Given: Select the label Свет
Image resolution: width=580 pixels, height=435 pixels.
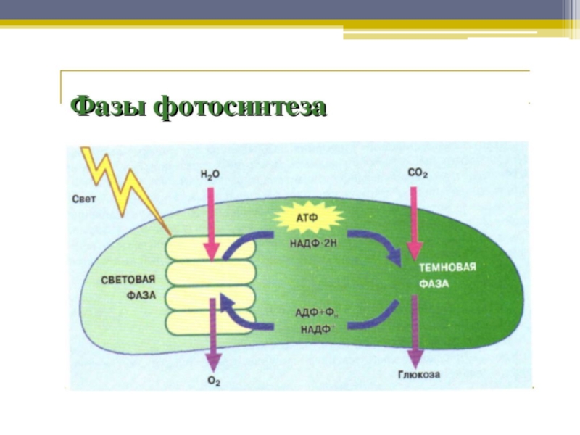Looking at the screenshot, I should click(84, 197).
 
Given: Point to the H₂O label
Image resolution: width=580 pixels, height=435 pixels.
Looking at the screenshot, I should click(211, 174).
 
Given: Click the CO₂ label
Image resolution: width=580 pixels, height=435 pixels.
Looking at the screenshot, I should click(418, 174).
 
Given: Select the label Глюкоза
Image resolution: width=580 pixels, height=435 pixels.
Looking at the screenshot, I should click(418, 376).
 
